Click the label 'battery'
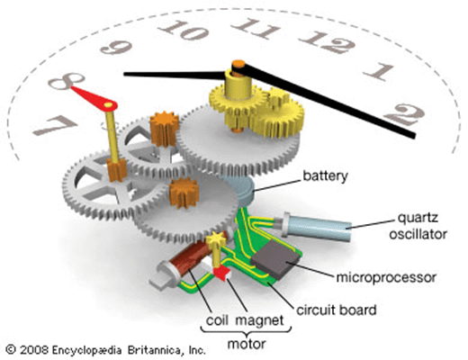point(325,176)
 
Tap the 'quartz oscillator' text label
point(418,226)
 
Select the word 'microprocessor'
point(386,278)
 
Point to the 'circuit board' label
point(337,310)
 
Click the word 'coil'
point(215,320)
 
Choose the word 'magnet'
point(259,321)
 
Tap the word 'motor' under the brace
point(247,344)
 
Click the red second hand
point(94,96)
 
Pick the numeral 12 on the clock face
point(328,41)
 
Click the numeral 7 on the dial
point(55,125)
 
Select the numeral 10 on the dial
point(184,30)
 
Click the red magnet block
point(222,273)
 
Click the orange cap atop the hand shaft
point(238,64)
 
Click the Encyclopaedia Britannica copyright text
point(106,350)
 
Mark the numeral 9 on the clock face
point(116,48)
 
